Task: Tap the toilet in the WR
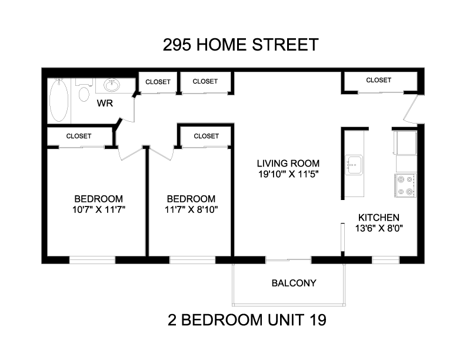pyautogui.click(x=84, y=91)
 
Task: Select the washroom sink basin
pyautogui.click(x=112, y=85)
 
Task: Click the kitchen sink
pyautogui.click(x=354, y=165)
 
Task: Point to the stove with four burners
pyautogui.click(x=405, y=185)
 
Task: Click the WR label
pyautogui.click(x=105, y=104)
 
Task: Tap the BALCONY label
pyautogui.click(x=294, y=283)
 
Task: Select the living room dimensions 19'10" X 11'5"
pyautogui.click(x=288, y=174)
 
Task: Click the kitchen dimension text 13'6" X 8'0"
pyautogui.click(x=379, y=228)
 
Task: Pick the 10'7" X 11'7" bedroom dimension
pyautogui.click(x=99, y=209)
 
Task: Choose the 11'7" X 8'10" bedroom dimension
pyautogui.click(x=191, y=209)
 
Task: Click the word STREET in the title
pyautogui.click(x=285, y=45)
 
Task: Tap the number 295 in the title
pyautogui.click(x=177, y=45)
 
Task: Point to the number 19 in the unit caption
pyautogui.click(x=318, y=320)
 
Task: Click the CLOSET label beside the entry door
pyautogui.click(x=379, y=80)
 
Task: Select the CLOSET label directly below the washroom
pyautogui.click(x=79, y=136)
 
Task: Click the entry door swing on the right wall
pyautogui.click(x=411, y=109)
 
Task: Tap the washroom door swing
pyautogui.click(x=128, y=108)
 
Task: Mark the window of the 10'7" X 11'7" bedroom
pyautogui.click(x=92, y=260)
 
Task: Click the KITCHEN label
pyautogui.click(x=379, y=218)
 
